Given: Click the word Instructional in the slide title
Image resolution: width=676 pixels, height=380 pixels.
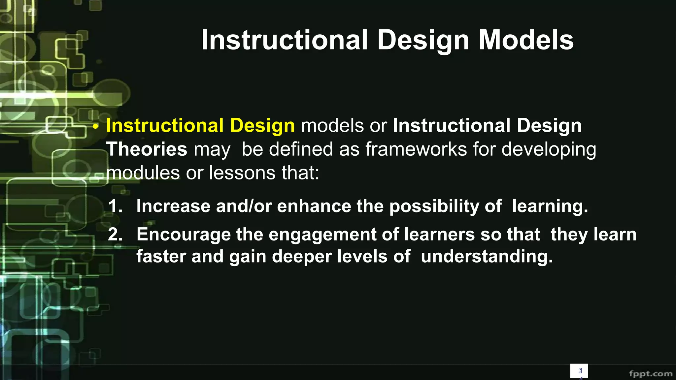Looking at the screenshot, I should [284, 40].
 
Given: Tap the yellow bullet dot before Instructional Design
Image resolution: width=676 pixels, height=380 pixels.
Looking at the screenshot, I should [95, 127].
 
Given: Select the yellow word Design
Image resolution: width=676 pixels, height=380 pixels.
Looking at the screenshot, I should [262, 126].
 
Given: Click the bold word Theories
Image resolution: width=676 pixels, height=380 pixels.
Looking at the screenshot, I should [147, 149].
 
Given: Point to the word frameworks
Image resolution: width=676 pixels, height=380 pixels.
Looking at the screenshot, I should [416, 149].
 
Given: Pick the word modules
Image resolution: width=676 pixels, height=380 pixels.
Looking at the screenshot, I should [143, 173].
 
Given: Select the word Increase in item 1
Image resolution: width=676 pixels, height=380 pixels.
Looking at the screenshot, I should [173, 206].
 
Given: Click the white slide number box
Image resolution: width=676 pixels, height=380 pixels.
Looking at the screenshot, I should [579, 371].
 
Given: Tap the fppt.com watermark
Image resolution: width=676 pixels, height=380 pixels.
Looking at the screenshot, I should [650, 373].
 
